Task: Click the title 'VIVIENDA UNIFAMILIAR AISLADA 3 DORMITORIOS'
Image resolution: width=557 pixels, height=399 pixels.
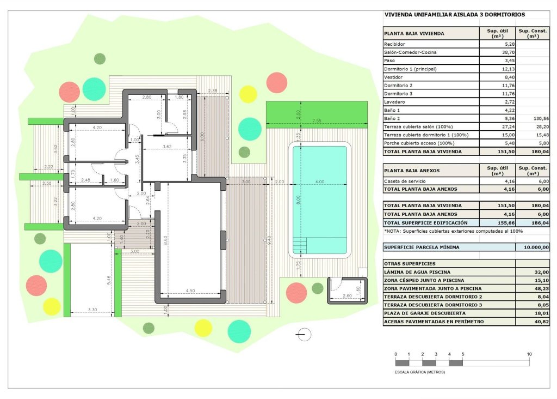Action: pyautogui.click(x=454, y=15)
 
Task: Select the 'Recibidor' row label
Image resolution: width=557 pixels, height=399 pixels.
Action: pyautogui.click(x=395, y=44)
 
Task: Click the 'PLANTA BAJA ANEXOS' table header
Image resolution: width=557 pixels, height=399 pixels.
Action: pyautogui.click(x=412, y=170)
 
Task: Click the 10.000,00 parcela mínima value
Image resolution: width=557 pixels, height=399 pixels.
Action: pyautogui.click(x=529, y=247)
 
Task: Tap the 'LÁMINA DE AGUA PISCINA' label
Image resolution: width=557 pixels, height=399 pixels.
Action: pyautogui.click(x=417, y=272)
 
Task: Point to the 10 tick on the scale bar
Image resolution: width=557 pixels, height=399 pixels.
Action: pyautogui.click(x=529, y=354)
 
